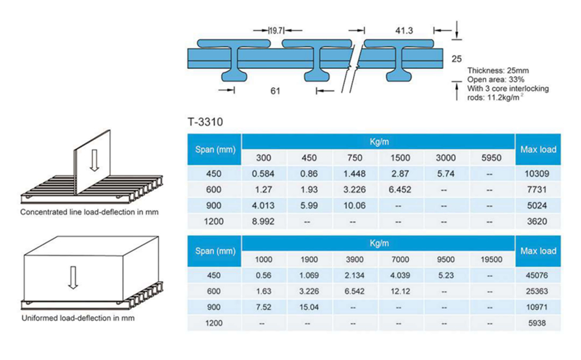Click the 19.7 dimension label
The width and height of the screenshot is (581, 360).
click(x=276, y=30)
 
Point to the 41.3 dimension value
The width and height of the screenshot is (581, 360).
click(x=404, y=30)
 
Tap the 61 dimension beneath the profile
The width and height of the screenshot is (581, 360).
click(x=275, y=91)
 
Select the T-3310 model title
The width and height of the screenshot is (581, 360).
click(x=205, y=122)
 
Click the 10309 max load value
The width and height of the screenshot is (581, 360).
click(x=537, y=174)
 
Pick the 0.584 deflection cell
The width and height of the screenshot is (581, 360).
click(x=263, y=174)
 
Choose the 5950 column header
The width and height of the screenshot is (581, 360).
click(x=491, y=158)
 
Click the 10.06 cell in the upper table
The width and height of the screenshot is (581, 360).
click(x=355, y=205)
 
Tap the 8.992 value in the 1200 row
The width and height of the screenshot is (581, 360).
click(x=263, y=221)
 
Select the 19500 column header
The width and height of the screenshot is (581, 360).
click(x=491, y=260)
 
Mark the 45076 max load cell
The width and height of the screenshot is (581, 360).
click(x=537, y=275)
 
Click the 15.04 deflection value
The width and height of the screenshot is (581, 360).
click(x=309, y=307)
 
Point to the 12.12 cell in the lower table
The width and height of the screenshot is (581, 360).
click(x=400, y=291)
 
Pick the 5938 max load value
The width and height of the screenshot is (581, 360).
click(x=537, y=323)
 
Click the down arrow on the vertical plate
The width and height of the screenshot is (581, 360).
click(x=94, y=160)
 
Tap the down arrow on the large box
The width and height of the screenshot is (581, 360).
click(x=74, y=278)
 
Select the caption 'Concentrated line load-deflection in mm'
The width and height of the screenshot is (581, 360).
click(x=90, y=212)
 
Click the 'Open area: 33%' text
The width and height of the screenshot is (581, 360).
click(x=496, y=79)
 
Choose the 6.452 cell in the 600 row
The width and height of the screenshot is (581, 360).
click(x=400, y=189)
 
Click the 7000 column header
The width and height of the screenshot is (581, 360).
click(x=400, y=260)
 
